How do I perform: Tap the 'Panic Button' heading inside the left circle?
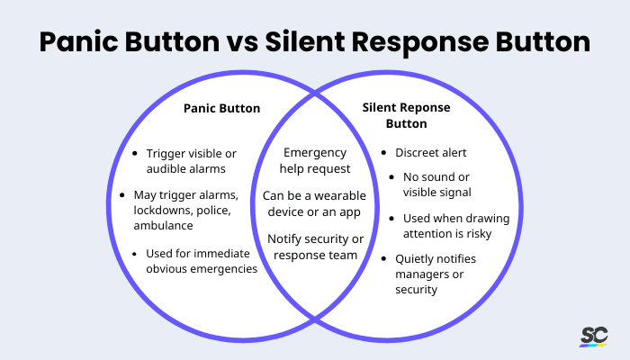221,108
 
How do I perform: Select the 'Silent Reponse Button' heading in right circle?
408,115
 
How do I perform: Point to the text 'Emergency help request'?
314,160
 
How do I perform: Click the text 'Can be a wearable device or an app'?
314,202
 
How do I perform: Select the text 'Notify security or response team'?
314,247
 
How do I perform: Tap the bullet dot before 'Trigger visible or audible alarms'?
134,153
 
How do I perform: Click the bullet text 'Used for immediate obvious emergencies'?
201,261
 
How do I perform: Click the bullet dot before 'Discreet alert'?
385,152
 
